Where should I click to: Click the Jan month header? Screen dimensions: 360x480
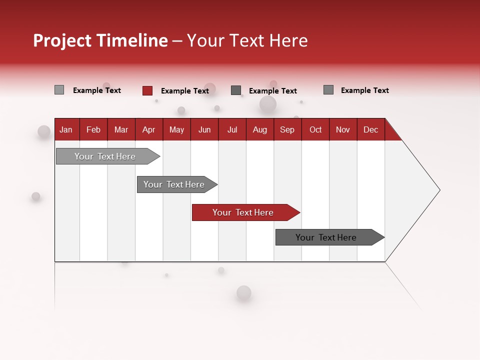[66, 129]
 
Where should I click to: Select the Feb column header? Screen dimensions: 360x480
[93, 129]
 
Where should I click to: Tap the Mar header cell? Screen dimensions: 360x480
[121, 129]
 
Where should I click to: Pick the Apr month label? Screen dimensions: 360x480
[149, 129]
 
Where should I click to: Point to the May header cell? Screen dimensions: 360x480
[176, 129]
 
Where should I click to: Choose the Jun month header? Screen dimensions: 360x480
[204, 129]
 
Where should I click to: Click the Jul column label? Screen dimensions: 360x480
[232, 129]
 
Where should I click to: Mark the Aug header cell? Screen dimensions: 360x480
[260, 129]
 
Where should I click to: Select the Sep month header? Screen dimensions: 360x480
[287, 129]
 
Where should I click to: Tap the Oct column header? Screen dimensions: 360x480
[315, 129]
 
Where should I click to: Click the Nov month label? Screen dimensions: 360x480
[343, 129]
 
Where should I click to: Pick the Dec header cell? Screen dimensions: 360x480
[371, 129]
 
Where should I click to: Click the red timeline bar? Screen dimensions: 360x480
[243, 212]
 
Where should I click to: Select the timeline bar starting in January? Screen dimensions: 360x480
[105, 156]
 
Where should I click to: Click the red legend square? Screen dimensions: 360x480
[147, 90]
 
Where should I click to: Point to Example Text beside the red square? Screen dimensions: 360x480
[185, 91]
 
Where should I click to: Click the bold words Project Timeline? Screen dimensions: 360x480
[100, 40]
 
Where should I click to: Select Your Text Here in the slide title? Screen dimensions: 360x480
[247, 40]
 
